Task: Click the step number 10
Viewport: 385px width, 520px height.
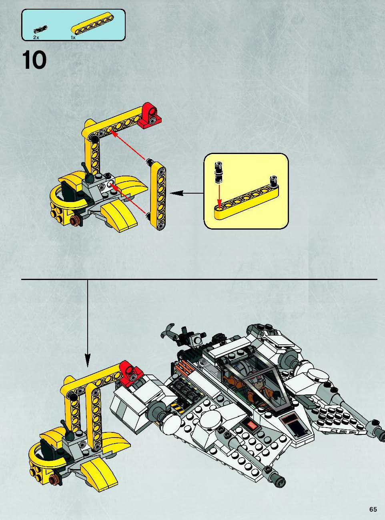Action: (34, 60)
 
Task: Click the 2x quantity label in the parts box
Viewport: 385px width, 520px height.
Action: (36, 38)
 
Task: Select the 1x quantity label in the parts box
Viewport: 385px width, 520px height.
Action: (73, 38)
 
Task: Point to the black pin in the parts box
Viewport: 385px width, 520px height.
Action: (40, 29)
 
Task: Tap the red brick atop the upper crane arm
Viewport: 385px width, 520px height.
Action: (150, 116)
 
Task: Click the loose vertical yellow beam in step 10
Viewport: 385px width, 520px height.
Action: (158, 196)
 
